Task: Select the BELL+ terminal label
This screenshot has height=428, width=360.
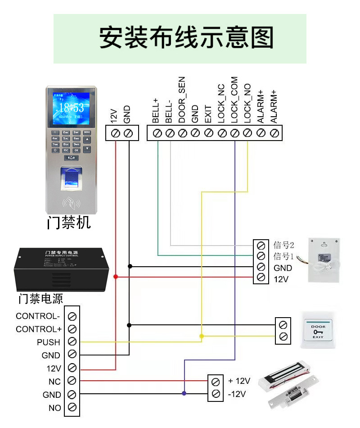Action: click(156, 110)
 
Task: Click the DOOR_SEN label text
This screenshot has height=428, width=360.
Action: click(182, 100)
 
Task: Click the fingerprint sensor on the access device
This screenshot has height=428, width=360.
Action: click(71, 178)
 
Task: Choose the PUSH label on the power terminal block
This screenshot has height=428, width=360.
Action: click(49, 342)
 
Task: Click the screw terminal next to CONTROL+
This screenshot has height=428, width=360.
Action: click(72, 329)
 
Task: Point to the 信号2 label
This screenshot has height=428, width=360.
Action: click(283, 245)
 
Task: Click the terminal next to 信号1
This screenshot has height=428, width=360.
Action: click(260, 256)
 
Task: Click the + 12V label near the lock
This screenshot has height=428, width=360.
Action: click(239, 381)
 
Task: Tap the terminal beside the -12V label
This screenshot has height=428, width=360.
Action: click(216, 394)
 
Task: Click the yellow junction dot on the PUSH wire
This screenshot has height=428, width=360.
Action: click(201, 337)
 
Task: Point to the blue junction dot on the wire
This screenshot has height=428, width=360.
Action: click(184, 393)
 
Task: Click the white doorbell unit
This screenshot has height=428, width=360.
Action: click(323, 260)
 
